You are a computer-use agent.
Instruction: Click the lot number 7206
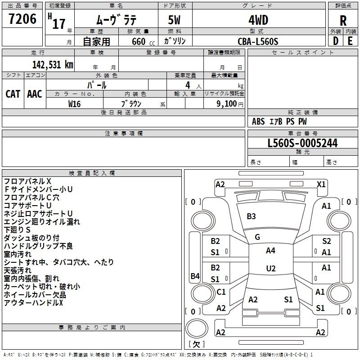tap(22, 19)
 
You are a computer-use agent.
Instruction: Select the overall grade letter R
tap(343, 21)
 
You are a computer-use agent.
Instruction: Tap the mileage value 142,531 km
tap(53, 65)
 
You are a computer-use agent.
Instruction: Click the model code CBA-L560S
tap(258, 41)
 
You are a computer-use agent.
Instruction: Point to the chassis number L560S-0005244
tap(302, 143)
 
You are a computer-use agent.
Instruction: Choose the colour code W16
tap(74, 104)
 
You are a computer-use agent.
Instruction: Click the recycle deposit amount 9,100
tap(226, 104)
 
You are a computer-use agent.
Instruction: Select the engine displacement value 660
tap(139, 41)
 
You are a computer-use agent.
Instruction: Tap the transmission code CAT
tap(13, 94)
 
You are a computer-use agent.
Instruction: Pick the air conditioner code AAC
tap(35, 94)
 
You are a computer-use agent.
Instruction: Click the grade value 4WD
tap(258, 20)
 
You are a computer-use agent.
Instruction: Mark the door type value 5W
tap(174, 20)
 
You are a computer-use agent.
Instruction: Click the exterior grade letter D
tap(336, 41)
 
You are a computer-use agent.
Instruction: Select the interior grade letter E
tap(350, 41)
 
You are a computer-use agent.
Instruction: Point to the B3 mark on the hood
tap(251, 216)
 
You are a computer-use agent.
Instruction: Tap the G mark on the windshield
tap(257, 237)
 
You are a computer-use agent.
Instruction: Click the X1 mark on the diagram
tap(321, 184)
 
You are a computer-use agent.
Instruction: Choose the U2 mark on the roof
tap(271, 268)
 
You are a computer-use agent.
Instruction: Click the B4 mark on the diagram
tap(195, 276)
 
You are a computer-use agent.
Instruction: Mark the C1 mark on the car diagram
tap(221, 292)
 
